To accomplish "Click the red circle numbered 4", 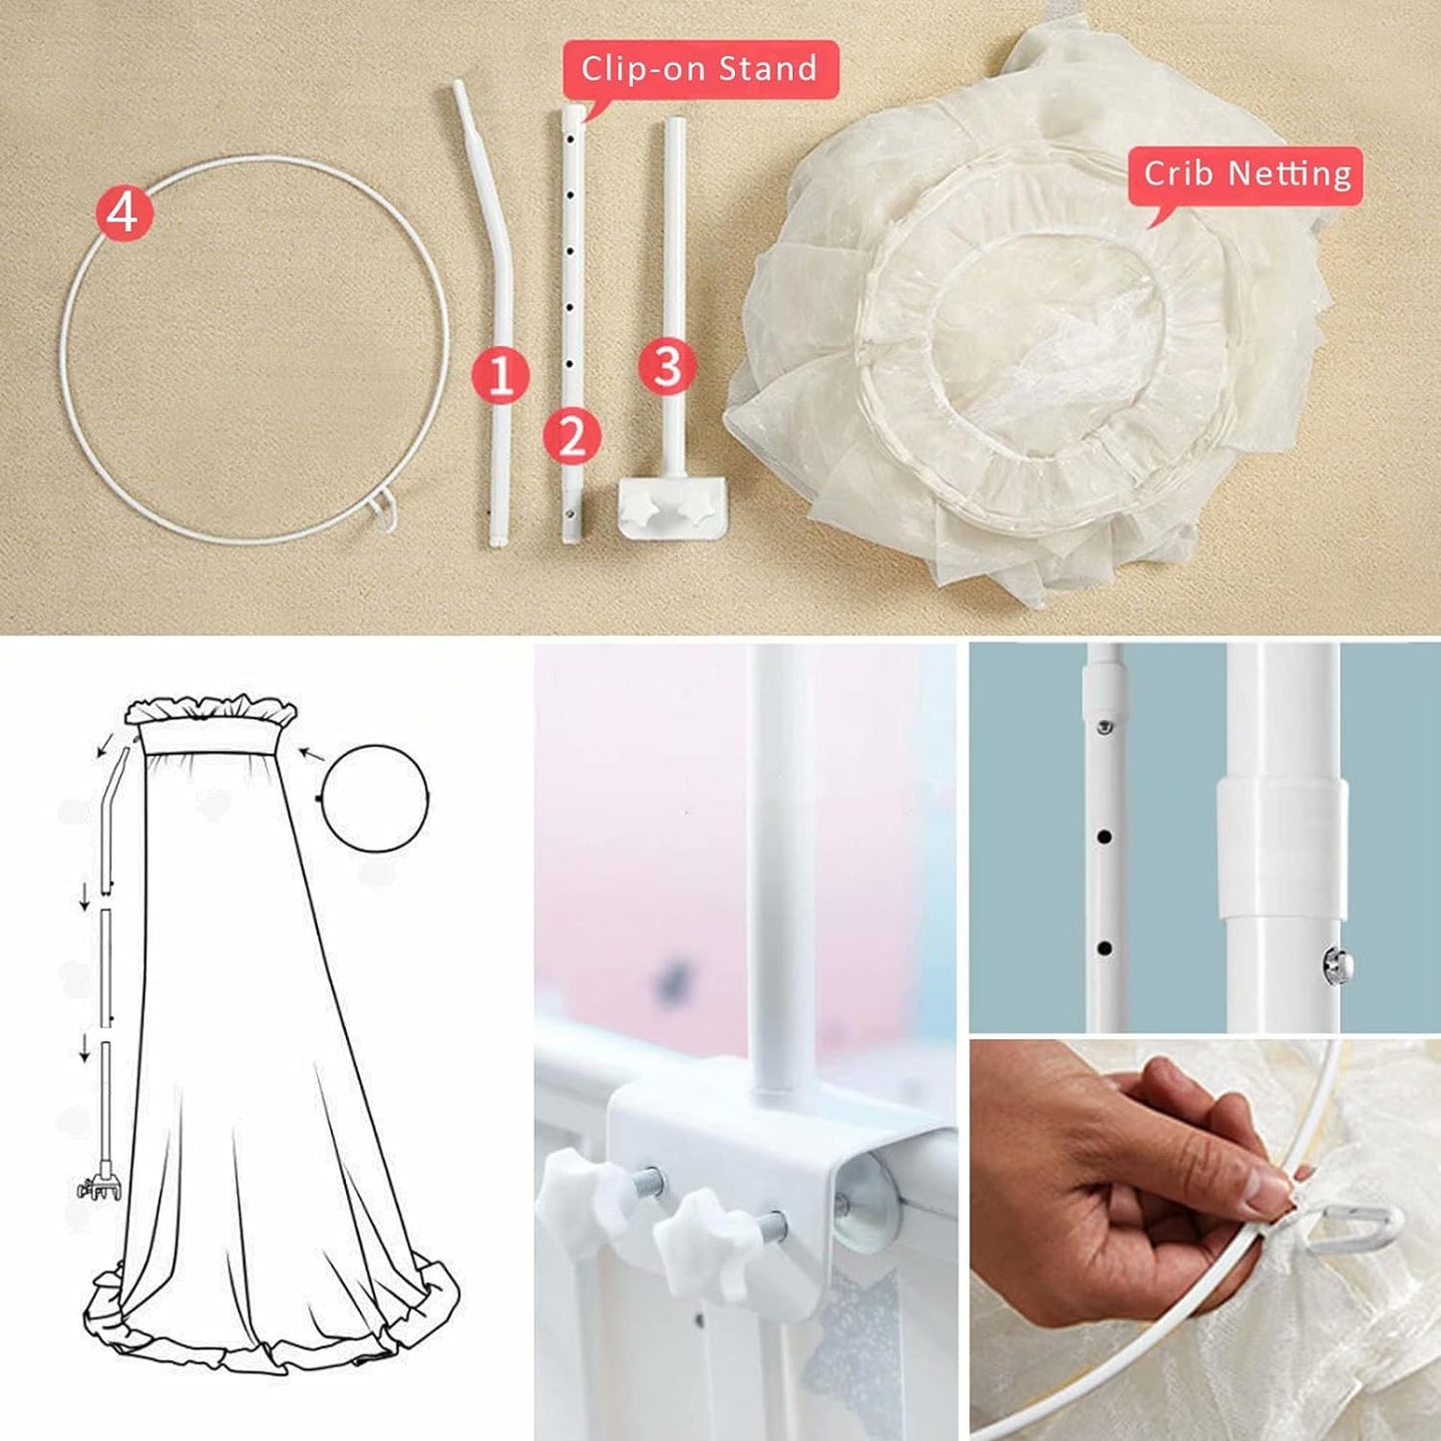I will click(x=124, y=213).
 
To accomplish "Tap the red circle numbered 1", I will click(x=500, y=375).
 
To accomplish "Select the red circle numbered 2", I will click(x=571, y=436).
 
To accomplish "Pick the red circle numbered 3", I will click(x=666, y=365).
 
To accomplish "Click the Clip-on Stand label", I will click(x=699, y=69).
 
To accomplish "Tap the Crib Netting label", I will click(x=1246, y=175).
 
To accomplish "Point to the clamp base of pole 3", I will click(x=672, y=507).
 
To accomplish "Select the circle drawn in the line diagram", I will click(x=375, y=798).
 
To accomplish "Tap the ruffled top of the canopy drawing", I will click(x=211, y=710).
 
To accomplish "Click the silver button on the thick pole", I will click(x=1335, y=965).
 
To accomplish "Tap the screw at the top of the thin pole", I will click(x=1105, y=727).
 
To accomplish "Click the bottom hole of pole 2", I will click(x=569, y=516).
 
